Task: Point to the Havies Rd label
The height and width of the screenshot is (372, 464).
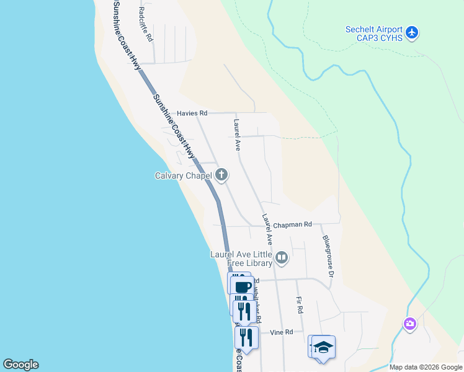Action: coord(192,113)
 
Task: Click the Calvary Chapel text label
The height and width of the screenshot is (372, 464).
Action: coord(183,175)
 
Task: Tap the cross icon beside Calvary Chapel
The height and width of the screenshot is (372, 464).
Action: coord(221,175)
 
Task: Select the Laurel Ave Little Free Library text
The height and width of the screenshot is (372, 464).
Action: coord(240,258)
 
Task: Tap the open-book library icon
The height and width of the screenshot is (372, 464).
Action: coord(282,257)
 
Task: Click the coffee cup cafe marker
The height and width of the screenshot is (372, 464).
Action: coord(243,286)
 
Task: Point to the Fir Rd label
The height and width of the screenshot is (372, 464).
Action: coord(300,304)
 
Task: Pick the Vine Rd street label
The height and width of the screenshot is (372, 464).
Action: coord(281,332)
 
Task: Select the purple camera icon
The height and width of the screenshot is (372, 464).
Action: coord(409,324)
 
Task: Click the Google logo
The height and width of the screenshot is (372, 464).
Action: coord(20,365)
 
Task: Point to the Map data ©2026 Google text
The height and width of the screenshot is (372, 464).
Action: coord(426,367)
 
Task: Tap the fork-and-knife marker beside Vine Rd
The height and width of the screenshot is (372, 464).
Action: coord(246,337)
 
